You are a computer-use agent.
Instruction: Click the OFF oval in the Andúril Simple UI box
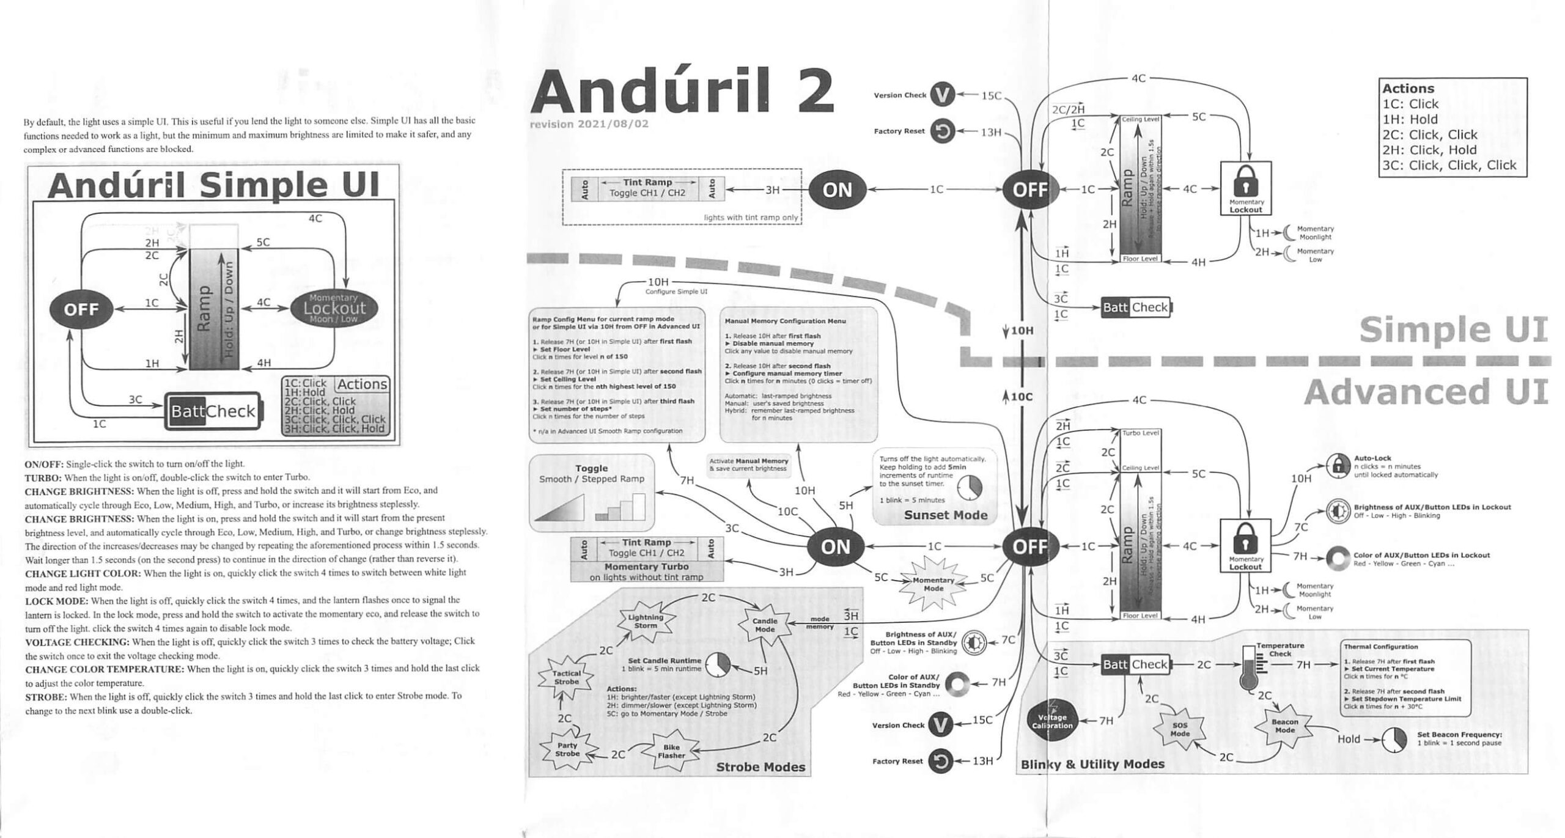pos(81,309)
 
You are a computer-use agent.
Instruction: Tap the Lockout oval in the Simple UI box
pos(334,307)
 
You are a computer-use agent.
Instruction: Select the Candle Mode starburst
pos(765,625)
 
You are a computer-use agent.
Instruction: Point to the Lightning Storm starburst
pos(646,621)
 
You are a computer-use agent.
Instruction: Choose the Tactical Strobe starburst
pos(566,677)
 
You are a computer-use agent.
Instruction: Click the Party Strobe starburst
pos(567,749)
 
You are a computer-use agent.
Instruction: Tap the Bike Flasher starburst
pos(671,751)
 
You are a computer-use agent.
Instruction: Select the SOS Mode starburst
pos(1179,729)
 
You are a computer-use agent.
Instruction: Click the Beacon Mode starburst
pos(1284,726)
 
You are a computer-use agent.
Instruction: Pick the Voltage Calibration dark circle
pos(1052,721)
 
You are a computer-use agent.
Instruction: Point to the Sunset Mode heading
pos(945,515)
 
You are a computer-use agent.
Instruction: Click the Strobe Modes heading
pos(760,766)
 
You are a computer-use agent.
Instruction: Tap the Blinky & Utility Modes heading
pos(1092,764)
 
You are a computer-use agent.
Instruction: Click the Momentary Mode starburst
pos(933,584)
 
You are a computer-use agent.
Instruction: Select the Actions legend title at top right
pos(1408,88)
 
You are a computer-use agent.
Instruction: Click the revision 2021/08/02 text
pos(589,124)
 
